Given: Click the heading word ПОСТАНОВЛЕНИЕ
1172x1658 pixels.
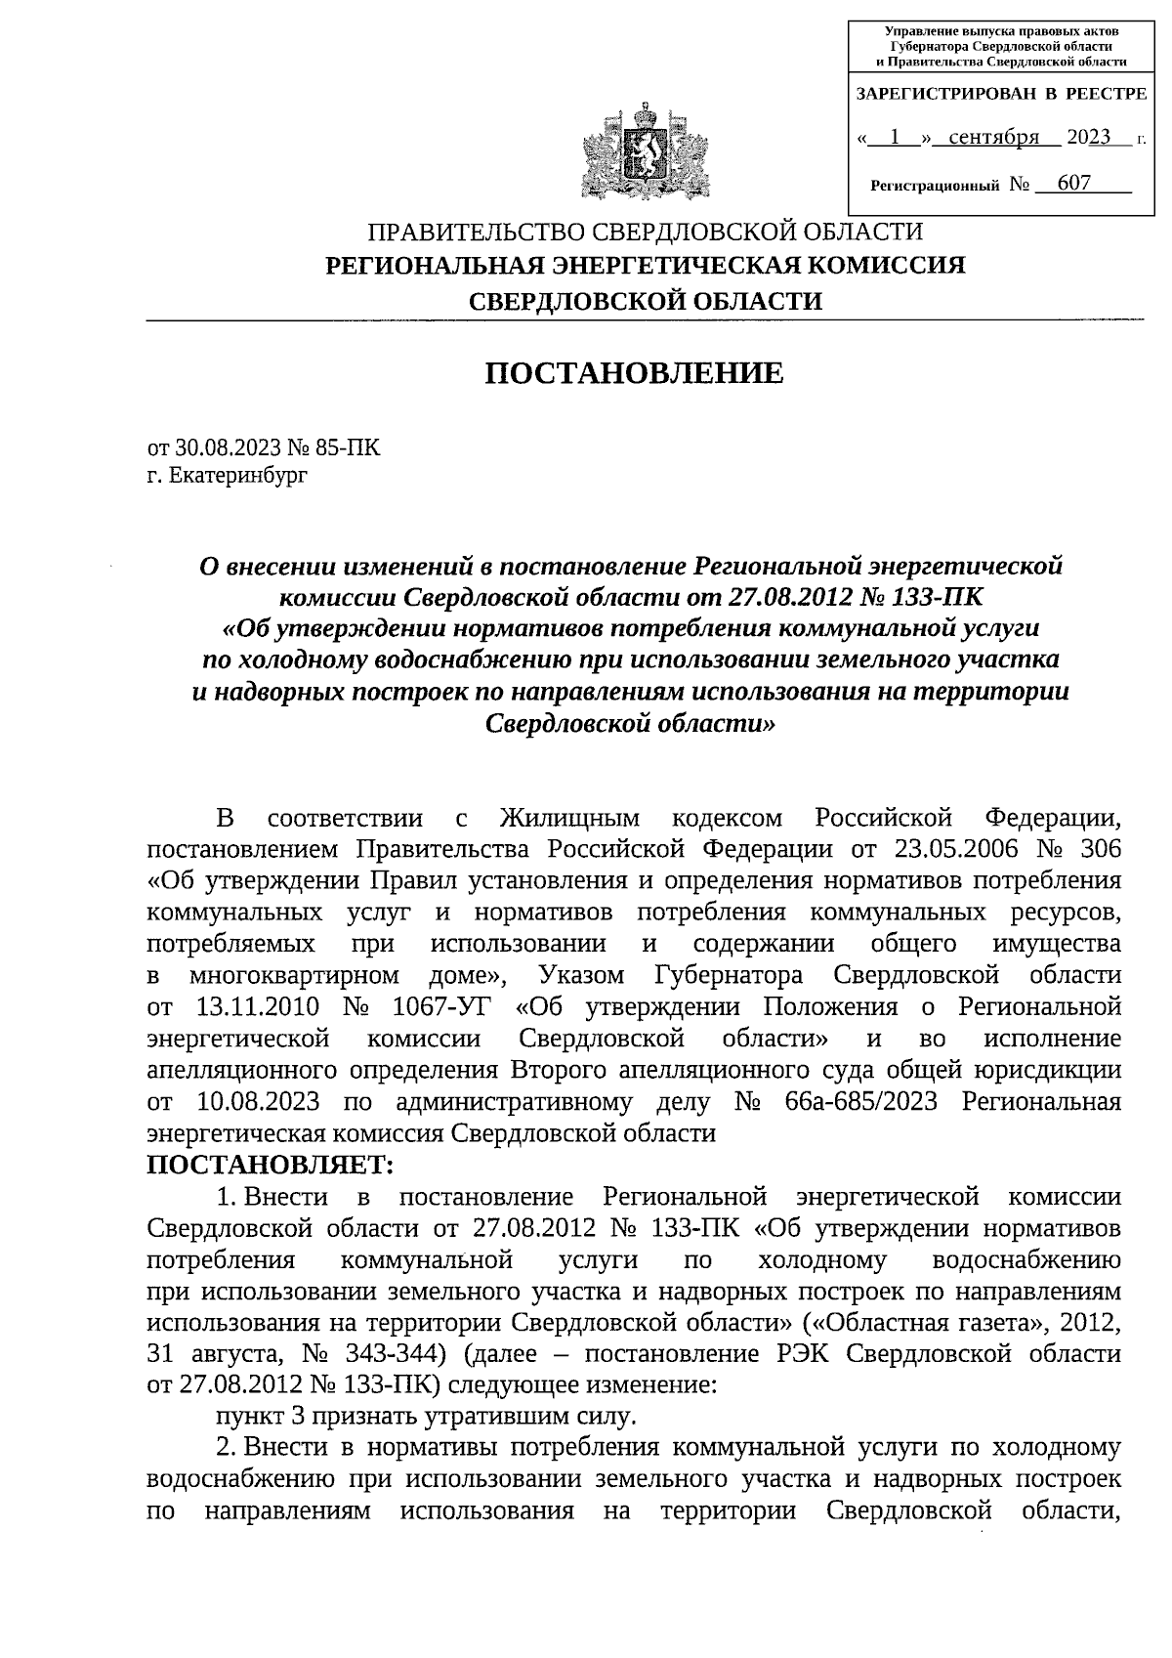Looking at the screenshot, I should [635, 373].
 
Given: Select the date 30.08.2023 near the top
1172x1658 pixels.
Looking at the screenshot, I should [228, 448].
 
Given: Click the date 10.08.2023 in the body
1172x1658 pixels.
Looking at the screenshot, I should [258, 1101].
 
